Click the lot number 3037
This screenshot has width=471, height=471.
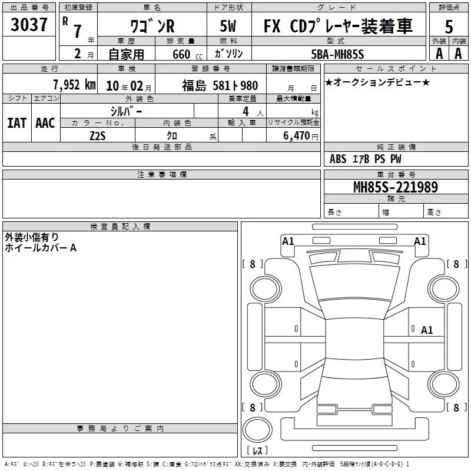[29, 25]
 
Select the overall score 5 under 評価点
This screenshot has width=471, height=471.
[449, 26]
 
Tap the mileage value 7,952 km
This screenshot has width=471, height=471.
[75, 85]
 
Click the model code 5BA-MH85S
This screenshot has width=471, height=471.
[337, 54]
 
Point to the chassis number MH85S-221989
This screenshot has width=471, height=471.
[396, 187]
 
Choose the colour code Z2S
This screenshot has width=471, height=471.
[98, 136]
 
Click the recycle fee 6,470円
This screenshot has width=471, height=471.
[301, 136]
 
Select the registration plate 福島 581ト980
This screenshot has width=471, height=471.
[220, 85]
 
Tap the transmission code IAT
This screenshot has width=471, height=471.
[17, 123]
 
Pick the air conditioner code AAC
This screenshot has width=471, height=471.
[45, 123]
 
